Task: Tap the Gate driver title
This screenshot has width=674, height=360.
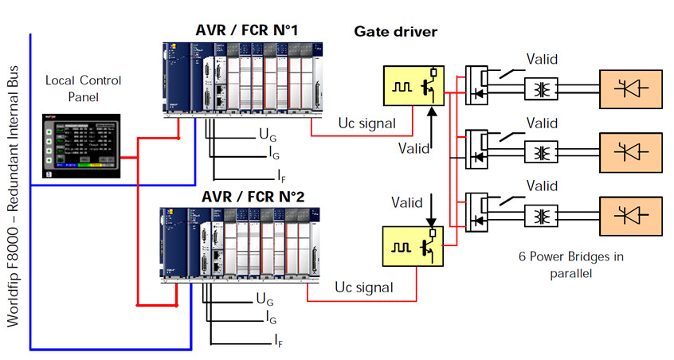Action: click(396, 32)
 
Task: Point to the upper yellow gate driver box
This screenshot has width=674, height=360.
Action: click(412, 86)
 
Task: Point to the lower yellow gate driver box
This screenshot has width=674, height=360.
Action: click(412, 246)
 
